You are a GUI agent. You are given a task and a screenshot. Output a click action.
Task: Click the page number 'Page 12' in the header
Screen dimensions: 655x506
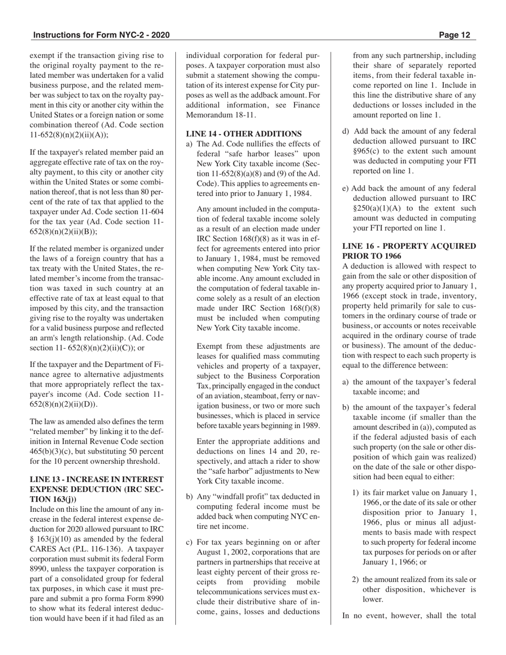pyautogui.click(x=455, y=36)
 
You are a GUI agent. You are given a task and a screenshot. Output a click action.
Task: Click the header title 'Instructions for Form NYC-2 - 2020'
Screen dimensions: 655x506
pyautogui.click(x=101, y=36)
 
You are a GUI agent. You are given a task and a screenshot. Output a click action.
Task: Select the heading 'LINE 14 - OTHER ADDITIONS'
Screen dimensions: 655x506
pyautogui.click(x=244, y=134)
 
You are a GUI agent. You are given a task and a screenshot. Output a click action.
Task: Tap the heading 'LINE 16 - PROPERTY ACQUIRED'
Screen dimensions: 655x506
pyautogui.click(x=409, y=246)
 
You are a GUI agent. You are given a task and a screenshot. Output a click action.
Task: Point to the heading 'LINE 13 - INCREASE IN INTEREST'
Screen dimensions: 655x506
pyautogui.click(x=96, y=479)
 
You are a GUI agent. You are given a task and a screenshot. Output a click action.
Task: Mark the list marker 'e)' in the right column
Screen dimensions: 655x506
pyautogui.click(x=346, y=189)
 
